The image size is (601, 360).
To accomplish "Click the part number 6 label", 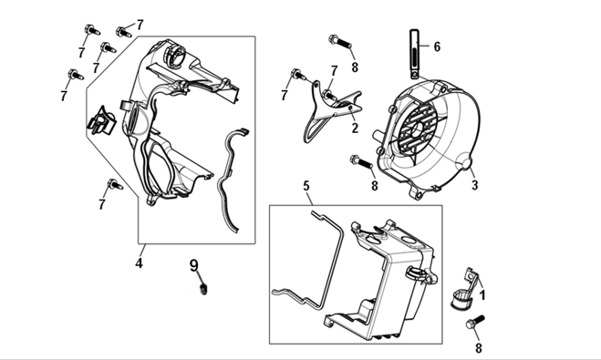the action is [437, 46].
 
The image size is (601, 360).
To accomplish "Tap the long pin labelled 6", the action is [415, 54].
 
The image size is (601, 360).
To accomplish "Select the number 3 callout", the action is [475, 185].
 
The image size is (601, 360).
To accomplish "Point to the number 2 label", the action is [355, 128].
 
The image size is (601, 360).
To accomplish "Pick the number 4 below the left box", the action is [139, 263].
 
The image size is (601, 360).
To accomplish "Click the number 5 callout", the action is [306, 186].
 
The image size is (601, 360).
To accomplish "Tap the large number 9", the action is [194, 265].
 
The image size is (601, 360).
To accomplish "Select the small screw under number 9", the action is [203, 289].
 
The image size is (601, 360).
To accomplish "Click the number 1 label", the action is [482, 295].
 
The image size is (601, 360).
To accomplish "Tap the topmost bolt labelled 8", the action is [340, 41].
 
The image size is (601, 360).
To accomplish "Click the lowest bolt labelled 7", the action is [115, 184].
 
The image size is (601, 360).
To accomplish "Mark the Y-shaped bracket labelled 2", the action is [329, 110].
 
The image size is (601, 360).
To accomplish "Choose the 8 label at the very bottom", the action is [479, 348].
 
